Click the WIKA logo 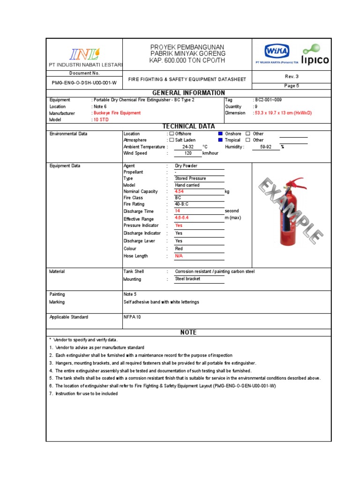click(x=277, y=51)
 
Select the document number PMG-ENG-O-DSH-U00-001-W click(x=84, y=82)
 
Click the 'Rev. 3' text click(x=292, y=76)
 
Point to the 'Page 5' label click(x=292, y=86)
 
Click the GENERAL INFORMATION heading click(x=188, y=93)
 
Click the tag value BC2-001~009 click(x=269, y=100)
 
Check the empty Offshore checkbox click(x=172, y=134)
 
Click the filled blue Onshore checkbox click(x=220, y=134)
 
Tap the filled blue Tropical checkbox click(x=220, y=140)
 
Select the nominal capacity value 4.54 click(x=180, y=192)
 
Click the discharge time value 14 click(x=178, y=211)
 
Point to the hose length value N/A click(x=179, y=256)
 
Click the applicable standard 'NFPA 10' click(x=132, y=317)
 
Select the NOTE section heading click(x=188, y=332)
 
